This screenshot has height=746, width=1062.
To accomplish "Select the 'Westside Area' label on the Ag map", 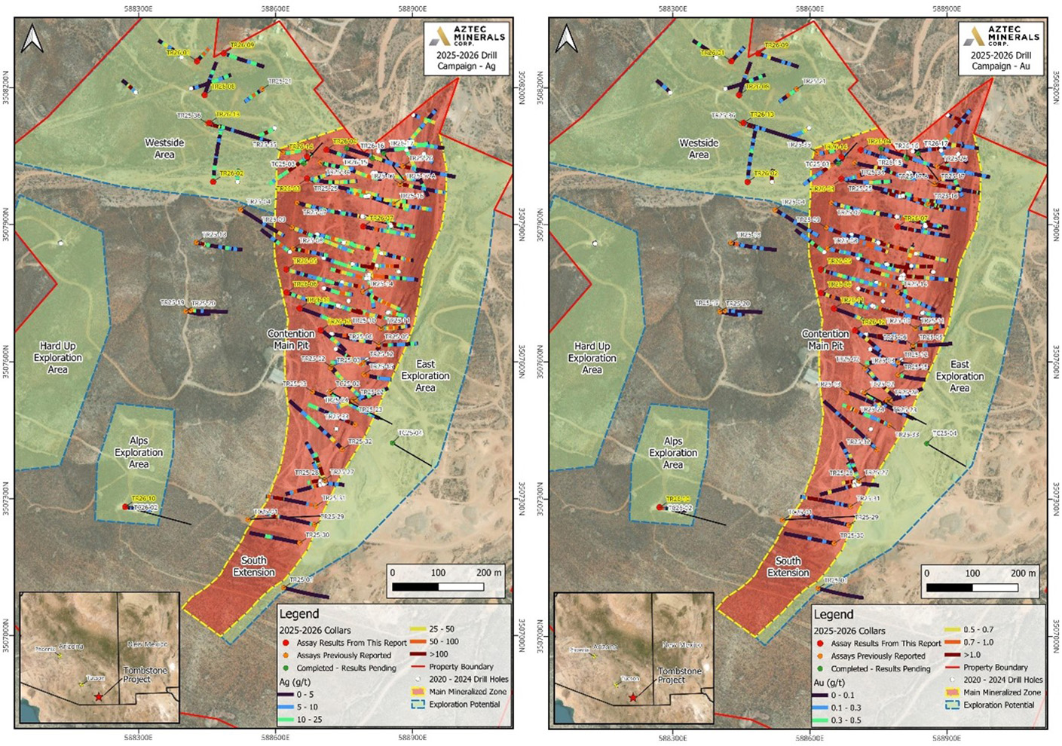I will point(164,148).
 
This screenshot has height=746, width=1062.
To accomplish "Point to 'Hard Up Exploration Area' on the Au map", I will point(592,358).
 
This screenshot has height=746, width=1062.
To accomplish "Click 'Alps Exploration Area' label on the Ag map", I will point(139,452).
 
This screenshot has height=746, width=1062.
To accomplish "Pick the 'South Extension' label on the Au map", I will point(788,567).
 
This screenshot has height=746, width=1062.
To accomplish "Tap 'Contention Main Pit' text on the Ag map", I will point(291,340).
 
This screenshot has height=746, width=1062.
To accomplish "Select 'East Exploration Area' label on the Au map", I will point(959,376).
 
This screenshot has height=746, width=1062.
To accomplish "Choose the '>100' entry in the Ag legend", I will point(438,654).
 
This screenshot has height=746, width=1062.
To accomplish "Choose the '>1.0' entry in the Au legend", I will point(972,655).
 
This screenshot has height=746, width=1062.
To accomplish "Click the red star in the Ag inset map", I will point(99,697).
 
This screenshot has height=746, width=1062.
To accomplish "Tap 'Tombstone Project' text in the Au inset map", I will point(680,675).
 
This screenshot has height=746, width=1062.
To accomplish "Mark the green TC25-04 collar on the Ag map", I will point(393,443).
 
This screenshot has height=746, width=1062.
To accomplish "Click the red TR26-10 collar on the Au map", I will point(660,507).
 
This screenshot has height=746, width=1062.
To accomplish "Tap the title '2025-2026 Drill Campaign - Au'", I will point(1001,60).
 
